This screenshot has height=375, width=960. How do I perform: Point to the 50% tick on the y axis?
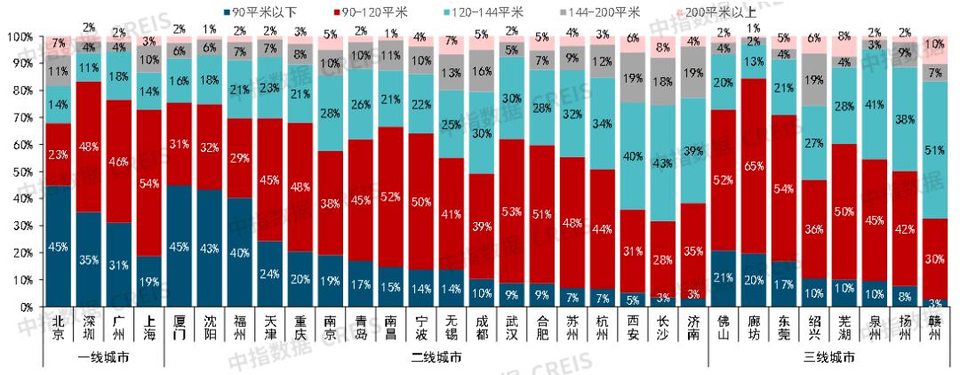[x=22, y=172]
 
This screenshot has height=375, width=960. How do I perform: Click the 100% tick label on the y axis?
[x=20, y=37]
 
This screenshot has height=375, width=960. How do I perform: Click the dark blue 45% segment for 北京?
[x=58, y=245]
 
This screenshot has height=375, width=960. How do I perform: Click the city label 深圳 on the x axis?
[x=89, y=326]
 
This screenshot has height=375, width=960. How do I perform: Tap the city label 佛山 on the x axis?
[x=723, y=326]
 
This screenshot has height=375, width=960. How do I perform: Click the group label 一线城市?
[x=104, y=357]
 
